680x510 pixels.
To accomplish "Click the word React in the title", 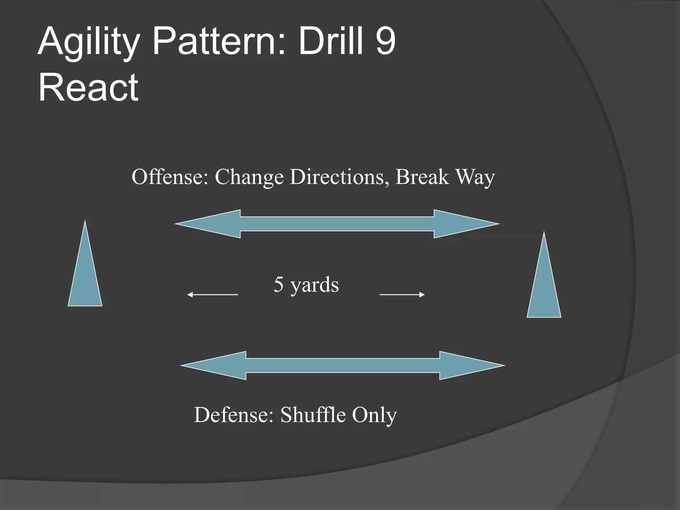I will pos(88,88).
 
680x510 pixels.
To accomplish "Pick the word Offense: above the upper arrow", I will pos(170,177).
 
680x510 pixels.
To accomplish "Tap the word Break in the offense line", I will pos(422,177).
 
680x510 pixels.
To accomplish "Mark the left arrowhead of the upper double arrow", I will pos(212,224).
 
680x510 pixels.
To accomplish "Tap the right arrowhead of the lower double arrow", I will pos(468,366).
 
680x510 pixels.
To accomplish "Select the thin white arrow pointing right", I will pos(402,295).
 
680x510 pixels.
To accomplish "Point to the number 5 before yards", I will pos(279,285).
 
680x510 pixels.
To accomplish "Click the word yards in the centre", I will pos(314,286).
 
